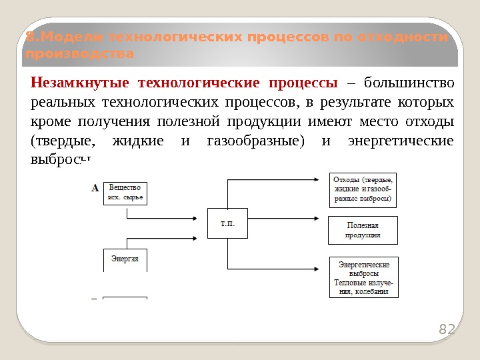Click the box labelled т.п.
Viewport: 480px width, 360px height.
(227, 223)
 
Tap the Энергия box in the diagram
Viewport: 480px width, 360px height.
(125, 259)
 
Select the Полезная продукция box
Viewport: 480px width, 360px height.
(363, 230)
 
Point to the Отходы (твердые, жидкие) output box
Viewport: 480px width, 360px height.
(363, 189)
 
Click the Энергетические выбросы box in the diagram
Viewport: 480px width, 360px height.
(363, 277)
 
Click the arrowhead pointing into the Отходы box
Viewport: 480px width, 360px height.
(324, 179)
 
